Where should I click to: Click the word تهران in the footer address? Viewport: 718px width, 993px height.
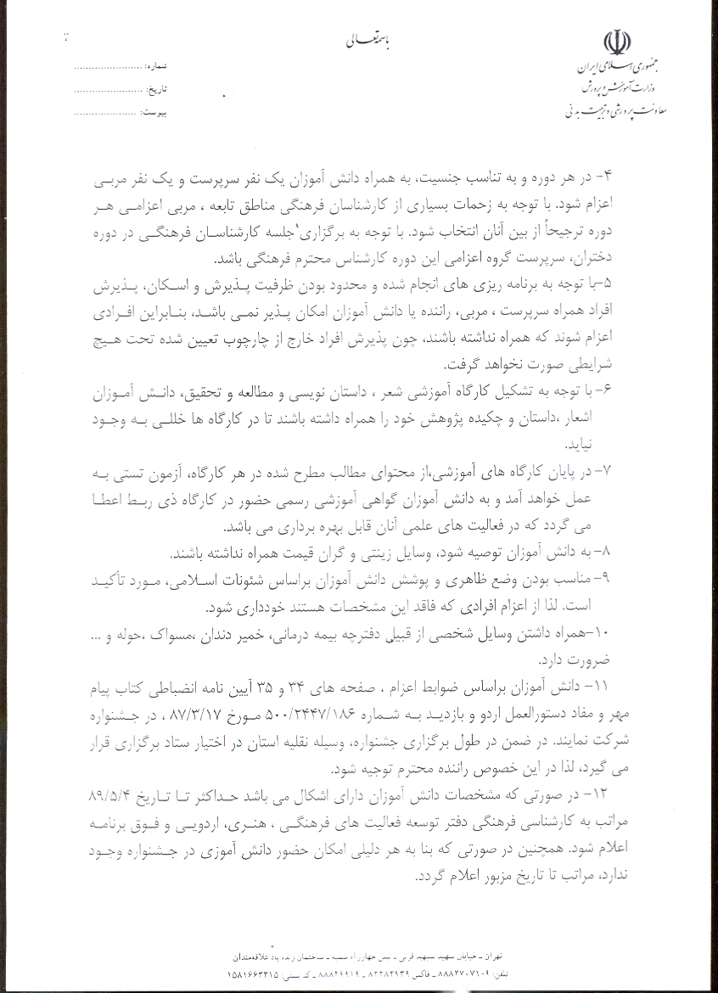pos(485,956)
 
